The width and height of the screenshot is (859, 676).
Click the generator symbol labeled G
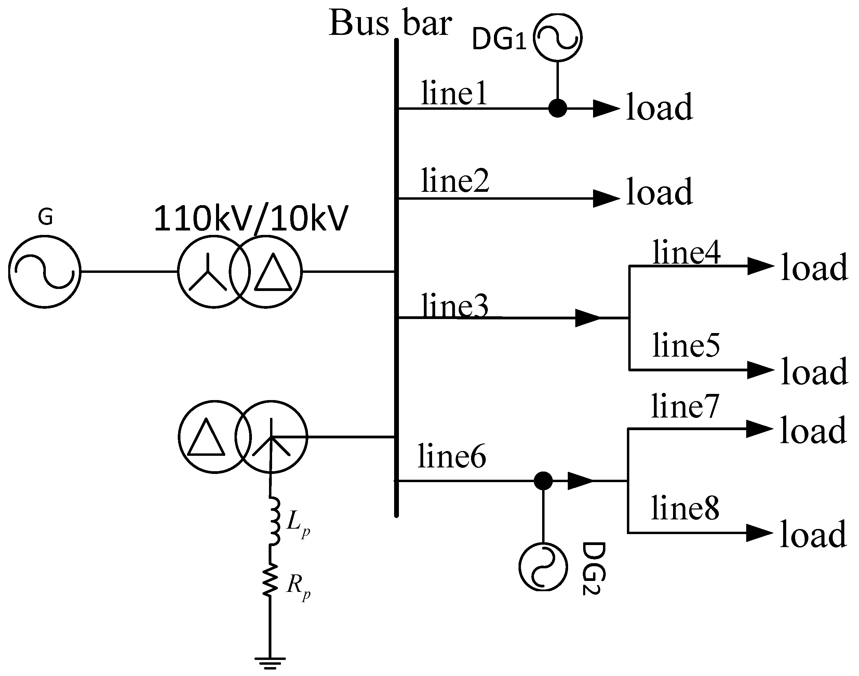45,271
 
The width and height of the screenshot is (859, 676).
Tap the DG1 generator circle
558,37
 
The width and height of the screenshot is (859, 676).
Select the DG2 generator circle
543,567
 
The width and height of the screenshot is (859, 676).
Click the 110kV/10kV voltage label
251,218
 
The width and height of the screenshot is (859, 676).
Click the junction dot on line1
558,108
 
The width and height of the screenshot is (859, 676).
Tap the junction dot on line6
543,481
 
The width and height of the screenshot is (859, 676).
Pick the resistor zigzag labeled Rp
270,580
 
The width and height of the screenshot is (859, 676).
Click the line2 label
455,181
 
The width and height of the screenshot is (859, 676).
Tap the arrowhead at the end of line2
605,198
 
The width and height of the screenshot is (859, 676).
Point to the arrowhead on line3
587,318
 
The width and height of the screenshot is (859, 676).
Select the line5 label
686,345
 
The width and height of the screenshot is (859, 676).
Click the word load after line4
814,267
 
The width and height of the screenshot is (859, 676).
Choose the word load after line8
814,534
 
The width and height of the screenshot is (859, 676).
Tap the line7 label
685,407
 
